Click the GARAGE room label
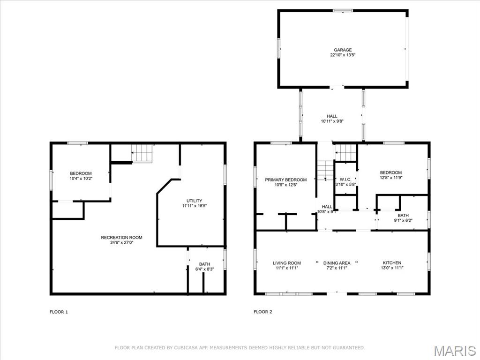pos(343,50)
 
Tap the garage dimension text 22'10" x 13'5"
pos(343,55)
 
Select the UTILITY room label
pos(195,201)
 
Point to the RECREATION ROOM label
pos(121,238)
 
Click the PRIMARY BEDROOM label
pos(285,180)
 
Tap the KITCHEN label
pos(392,262)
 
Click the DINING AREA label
pos(337,263)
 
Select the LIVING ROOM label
pos(287,263)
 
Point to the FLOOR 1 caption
pos(59,312)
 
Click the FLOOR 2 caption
pos(263,312)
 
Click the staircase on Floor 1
pos(142,153)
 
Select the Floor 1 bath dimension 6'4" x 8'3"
pos(204,270)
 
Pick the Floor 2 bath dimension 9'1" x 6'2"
pos(403,220)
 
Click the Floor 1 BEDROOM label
pos(81,173)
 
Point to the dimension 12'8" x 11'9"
pos(390,178)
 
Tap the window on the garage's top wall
pos(343,11)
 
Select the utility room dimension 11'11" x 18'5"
pos(195,206)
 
